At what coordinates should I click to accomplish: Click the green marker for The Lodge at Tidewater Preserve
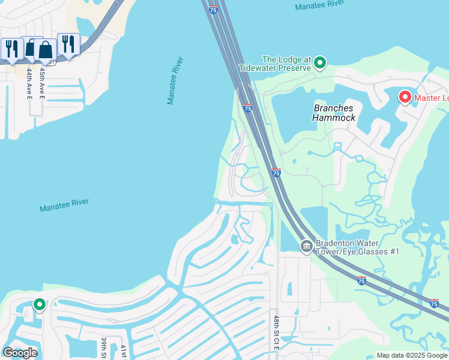[321, 62]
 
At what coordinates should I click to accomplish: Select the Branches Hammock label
[333, 113]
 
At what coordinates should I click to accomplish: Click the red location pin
[405, 97]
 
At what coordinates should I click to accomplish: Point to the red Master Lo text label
[430, 98]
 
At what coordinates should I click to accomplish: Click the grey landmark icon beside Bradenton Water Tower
[306, 246]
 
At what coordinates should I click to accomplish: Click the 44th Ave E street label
[29, 83]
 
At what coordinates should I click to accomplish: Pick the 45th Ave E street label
[42, 83]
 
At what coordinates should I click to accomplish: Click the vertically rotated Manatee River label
[175, 81]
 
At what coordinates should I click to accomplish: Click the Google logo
[20, 353]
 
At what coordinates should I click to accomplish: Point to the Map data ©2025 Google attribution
[412, 355]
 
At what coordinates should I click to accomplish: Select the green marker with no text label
[40, 305]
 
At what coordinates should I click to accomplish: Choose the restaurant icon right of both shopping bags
[68, 44]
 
